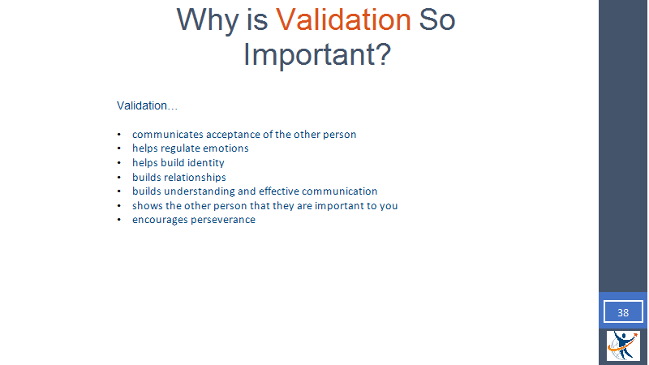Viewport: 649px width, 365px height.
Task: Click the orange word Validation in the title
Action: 343,19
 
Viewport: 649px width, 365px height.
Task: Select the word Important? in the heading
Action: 317,55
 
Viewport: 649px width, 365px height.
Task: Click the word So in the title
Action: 437,19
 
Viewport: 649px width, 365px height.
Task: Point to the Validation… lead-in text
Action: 147,105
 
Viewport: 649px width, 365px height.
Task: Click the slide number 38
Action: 623,312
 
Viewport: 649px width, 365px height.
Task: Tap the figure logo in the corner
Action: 623,346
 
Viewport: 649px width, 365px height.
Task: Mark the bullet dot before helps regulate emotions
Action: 119,148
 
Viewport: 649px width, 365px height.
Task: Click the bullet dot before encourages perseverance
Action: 119,220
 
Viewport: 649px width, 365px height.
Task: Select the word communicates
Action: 168,135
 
